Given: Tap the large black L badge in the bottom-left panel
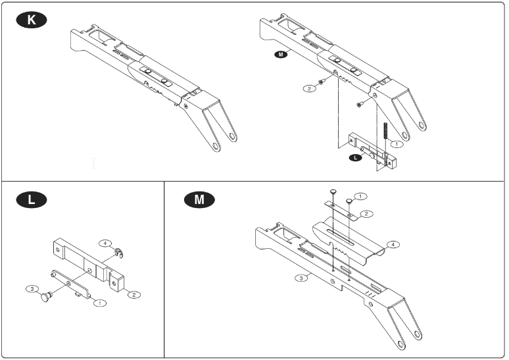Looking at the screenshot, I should coord(31,199).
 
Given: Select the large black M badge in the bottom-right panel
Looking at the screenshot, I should coord(195,199).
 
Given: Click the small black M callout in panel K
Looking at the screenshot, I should coord(280,56).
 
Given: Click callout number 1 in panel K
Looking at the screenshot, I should coord(397,143).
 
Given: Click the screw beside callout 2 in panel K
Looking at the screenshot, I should coord(322,82).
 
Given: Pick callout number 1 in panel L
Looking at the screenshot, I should coord(100,303).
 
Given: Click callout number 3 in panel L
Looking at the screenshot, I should coord(30,288).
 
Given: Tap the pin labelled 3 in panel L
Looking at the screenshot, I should coord(47,297).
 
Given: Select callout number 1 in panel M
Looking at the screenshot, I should coord(361,196).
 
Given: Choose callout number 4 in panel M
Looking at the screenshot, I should coord(393,244).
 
